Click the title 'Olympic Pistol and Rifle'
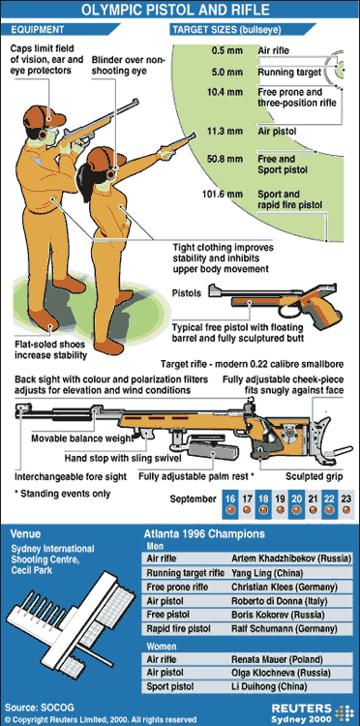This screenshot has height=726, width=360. [180, 9]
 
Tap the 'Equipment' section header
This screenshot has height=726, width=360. [38, 30]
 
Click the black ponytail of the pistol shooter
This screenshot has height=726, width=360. [85, 176]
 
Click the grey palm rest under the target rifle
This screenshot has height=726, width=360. [212, 449]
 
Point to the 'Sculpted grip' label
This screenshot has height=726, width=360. [314, 476]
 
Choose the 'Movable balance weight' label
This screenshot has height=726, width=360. [82, 438]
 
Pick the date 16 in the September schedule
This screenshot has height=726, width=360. [230, 499]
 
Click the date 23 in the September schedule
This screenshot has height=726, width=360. [345, 499]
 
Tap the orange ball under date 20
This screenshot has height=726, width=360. [296, 510]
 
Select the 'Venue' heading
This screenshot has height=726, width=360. [25, 533]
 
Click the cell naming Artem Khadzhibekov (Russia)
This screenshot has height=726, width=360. [291, 559]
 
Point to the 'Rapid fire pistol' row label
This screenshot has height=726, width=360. [179, 628]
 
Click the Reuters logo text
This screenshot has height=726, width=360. [301, 709]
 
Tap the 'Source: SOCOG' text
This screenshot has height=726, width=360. [33, 707]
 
